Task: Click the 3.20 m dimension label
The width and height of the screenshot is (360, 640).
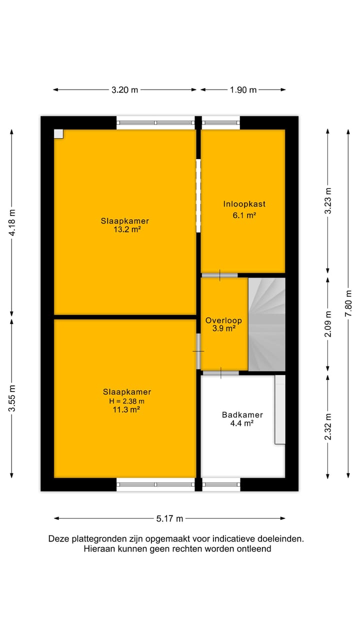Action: point(124,90)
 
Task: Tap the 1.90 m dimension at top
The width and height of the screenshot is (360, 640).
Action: point(243,90)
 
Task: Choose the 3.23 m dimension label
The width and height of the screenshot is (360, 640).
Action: point(328,200)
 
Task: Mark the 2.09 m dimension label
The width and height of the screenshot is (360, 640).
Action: point(328,324)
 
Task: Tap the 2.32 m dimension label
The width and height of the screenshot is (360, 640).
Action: point(328,426)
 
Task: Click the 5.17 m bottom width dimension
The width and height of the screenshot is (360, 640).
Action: point(169,518)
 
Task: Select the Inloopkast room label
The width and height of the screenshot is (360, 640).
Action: point(244,204)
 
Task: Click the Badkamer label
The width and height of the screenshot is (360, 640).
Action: point(242,414)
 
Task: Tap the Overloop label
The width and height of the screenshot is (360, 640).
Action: point(223,320)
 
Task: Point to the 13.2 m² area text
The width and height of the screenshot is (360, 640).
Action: point(125,229)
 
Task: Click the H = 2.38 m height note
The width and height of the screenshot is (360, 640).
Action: point(127,401)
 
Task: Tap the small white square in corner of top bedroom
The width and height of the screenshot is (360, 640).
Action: point(58,133)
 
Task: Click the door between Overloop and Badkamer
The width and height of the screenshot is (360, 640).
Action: point(220,372)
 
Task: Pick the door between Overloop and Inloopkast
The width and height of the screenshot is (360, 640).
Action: point(219,275)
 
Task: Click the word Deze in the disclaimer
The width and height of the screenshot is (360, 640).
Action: point(58,539)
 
